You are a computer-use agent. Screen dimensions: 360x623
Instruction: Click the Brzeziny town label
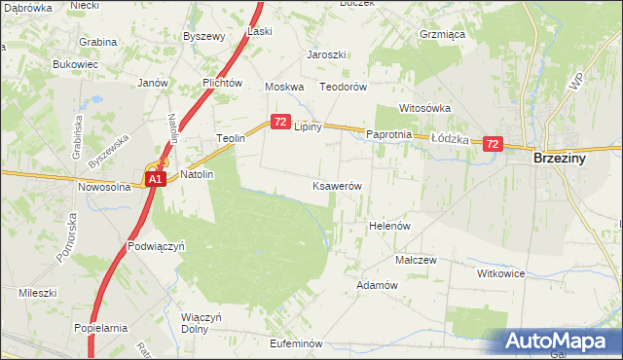[566, 159]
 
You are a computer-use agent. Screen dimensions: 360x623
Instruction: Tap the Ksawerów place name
[338, 186]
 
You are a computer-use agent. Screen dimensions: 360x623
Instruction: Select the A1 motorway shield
[155, 180]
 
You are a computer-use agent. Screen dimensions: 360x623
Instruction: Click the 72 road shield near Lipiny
[280, 122]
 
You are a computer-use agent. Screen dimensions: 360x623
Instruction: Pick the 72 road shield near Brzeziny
[492, 144]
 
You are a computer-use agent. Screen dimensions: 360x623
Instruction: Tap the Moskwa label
[286, 87]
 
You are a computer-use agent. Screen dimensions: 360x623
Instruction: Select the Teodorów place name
[344, 87]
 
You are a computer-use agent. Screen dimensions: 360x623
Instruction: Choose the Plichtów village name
[222, 84]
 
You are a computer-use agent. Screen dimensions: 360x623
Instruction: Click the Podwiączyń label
[157, 246]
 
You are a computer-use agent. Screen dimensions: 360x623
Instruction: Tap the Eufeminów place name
[295, 343]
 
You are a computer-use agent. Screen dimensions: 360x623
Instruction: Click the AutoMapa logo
[555, 342]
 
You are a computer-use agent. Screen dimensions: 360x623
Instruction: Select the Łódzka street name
[451, 139]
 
